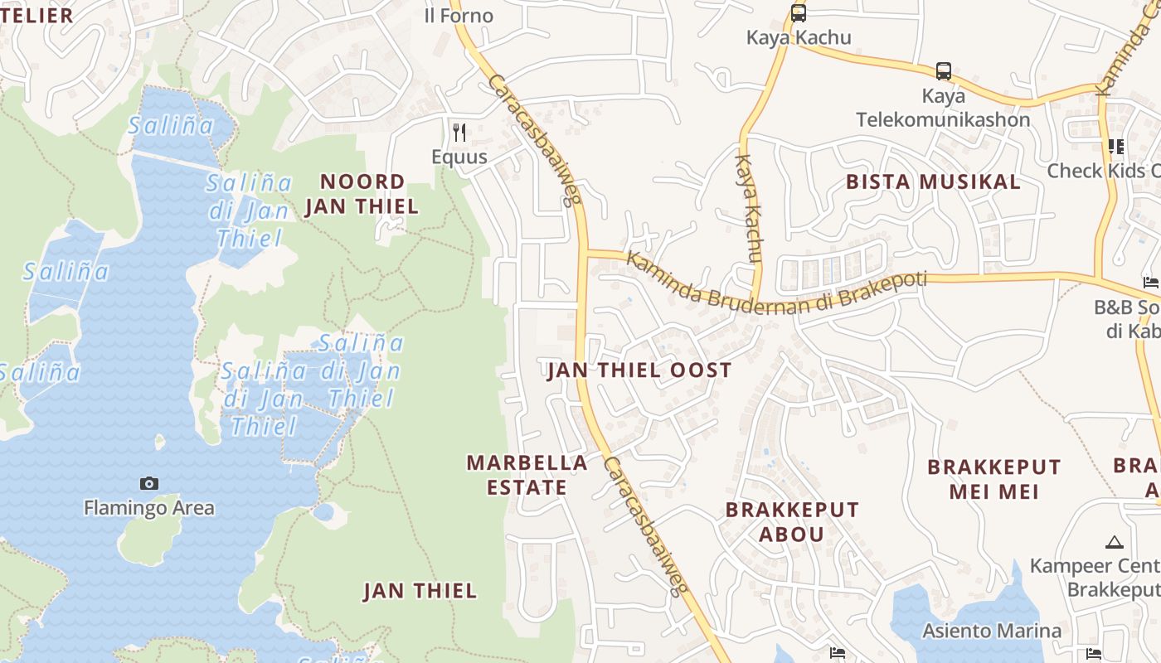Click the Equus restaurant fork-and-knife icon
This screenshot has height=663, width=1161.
point(459,132)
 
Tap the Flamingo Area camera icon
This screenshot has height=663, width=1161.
point(149,483)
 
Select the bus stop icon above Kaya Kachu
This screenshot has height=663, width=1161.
point(799,13)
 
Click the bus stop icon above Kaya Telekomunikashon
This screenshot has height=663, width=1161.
point(943,70)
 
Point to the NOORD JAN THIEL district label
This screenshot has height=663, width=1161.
point(362,194)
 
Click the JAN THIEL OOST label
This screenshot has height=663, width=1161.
point(639,370)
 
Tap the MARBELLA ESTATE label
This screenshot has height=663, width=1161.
point(527,475)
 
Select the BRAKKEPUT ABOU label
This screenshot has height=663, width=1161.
point(792,521)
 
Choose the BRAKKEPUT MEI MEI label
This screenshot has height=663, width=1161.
point(993,479)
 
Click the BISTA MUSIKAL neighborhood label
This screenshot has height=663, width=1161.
point(933,181)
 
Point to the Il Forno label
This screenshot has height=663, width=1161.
point(458,16)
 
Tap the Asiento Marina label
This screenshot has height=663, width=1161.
point(991,631)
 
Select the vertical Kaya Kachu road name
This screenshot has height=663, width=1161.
point(748,209)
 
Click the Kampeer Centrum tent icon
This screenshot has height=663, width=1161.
point(1114,543)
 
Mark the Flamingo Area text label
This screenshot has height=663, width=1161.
point(149,508)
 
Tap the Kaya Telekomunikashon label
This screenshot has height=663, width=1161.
point(943,108)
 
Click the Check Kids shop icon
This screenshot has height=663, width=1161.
point(1115,147)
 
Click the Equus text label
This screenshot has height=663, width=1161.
point(459,157)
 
